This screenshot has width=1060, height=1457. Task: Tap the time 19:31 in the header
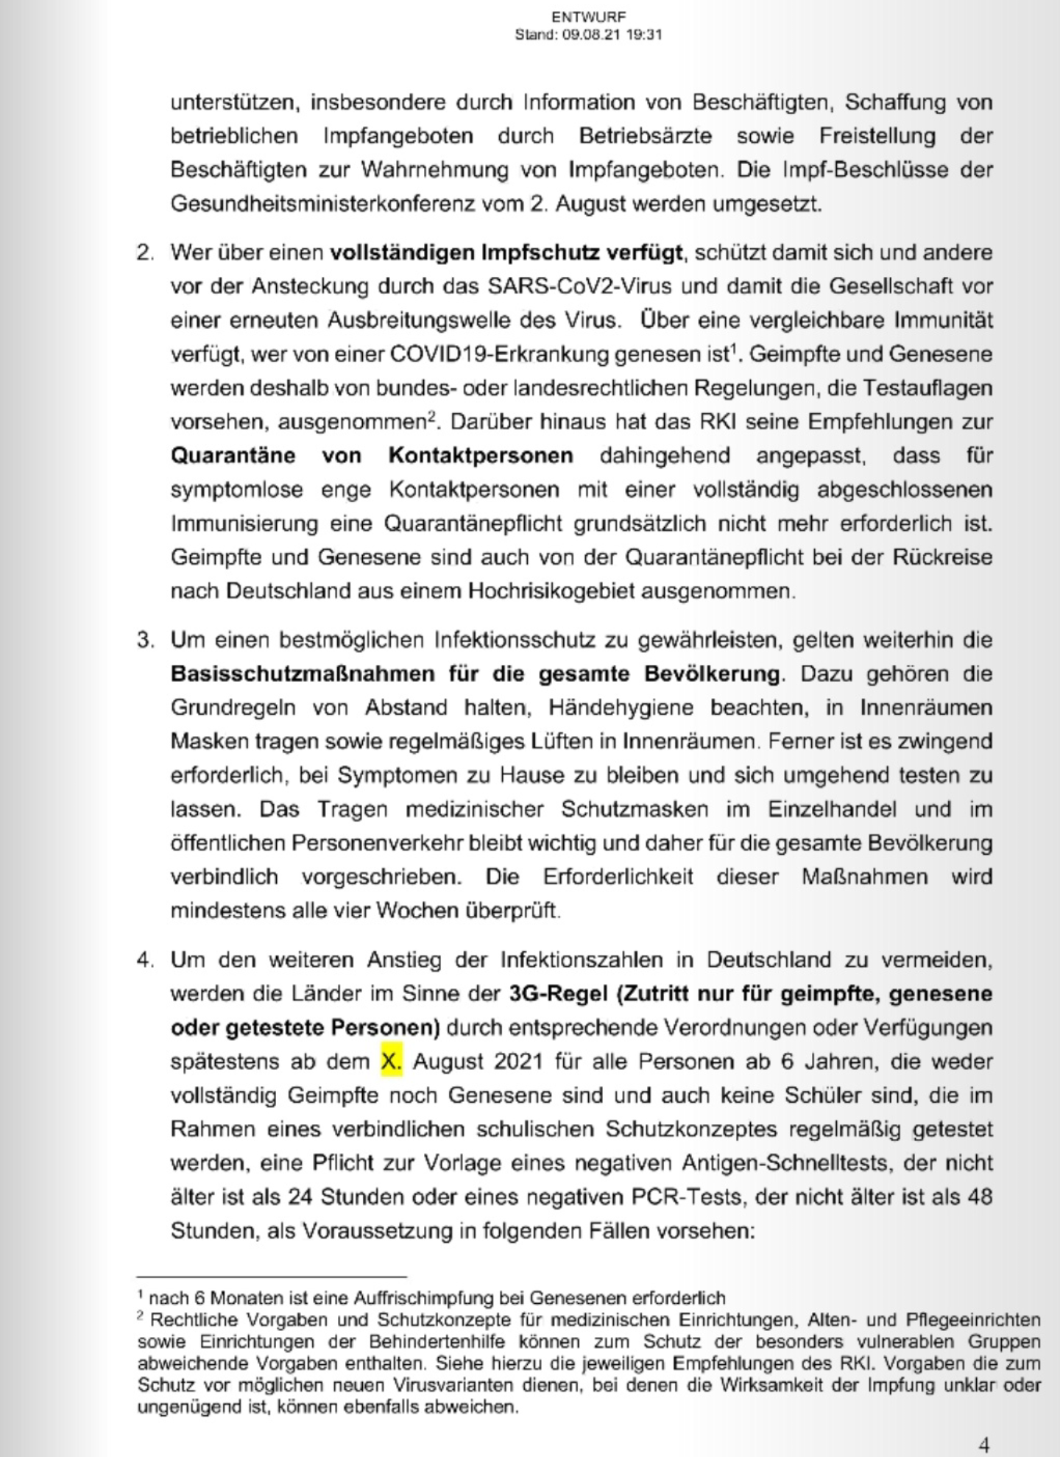(x=644, y=35)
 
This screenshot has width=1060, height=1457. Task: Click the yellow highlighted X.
(x=391, y=1062)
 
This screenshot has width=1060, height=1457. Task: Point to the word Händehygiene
(x=621, y=708)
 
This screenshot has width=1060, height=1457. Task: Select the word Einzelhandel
(x=833, y=809)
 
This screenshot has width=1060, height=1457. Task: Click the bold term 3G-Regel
(x=559, y=994)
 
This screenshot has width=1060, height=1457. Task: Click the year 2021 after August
(x=518, y=1062)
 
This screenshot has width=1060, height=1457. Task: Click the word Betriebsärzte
(x=646, y=136)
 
